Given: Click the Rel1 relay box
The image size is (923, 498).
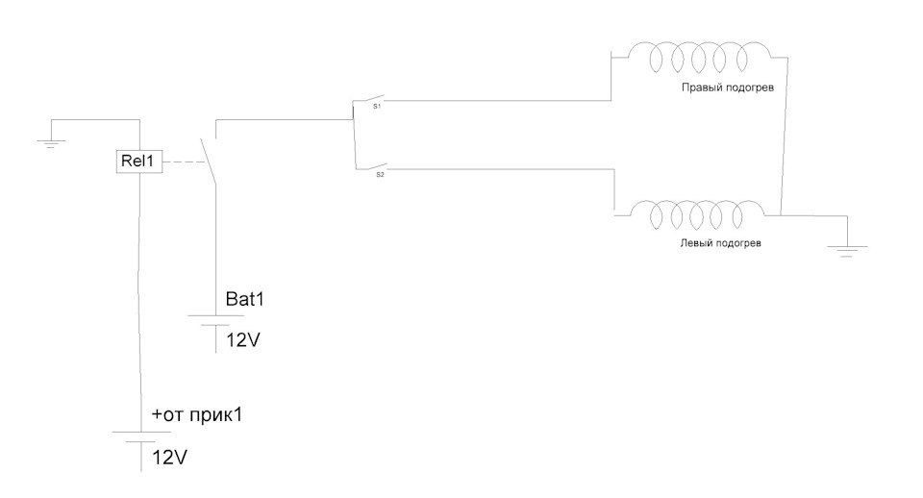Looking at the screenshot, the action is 138,161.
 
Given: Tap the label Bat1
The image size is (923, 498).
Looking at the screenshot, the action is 245,299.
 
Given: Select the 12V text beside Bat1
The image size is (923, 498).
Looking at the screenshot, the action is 243,340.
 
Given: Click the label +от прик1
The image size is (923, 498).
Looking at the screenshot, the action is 197,415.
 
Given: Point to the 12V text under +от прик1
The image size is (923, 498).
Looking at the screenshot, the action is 169,458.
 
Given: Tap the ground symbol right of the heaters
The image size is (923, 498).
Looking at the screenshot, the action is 846,251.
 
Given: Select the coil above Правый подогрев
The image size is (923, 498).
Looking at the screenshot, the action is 699,57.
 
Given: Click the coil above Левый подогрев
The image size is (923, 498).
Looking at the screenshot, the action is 697,214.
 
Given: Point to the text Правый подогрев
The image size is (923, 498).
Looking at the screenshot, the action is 728,87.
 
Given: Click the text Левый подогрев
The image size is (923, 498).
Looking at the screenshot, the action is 720,242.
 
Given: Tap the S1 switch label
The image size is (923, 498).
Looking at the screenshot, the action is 377,107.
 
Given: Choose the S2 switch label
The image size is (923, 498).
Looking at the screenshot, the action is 380,175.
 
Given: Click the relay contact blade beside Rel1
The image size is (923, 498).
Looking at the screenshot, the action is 208,162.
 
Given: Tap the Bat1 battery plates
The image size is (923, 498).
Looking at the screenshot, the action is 215,320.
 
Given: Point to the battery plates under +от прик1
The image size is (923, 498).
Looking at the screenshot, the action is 141,436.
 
